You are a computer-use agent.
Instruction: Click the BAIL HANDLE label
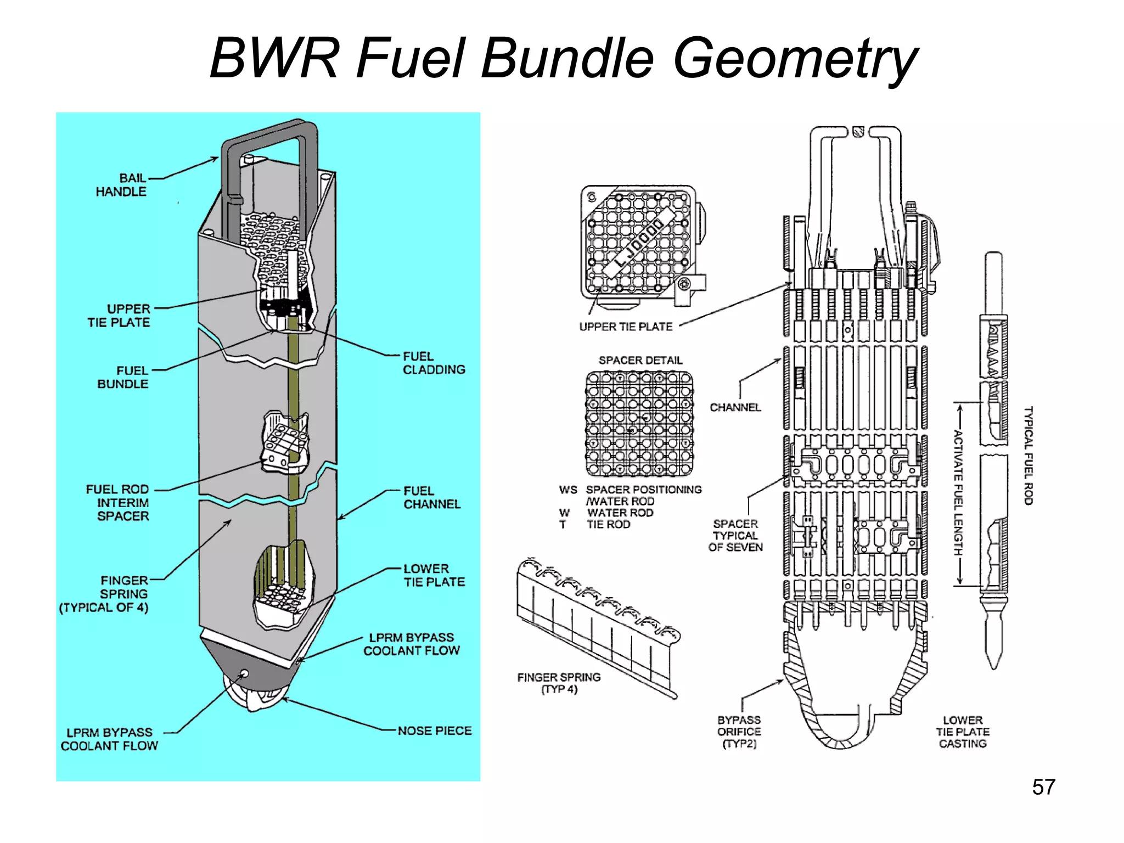click(x=121, y=185)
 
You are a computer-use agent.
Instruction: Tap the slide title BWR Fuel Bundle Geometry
click(x=563, y=58)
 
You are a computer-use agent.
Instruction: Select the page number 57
click(x=1043, y=787)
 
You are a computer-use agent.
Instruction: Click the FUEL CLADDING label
click(x=434, y=363)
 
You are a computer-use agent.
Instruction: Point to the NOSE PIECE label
click(x=435, y=731)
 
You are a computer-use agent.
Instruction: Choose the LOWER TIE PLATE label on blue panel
click(x=434, y=575)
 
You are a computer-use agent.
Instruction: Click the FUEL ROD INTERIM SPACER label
click(x=118, y=503)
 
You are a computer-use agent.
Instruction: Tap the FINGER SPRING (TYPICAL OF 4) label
click(x=104, y=594)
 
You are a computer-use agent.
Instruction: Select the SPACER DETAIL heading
click(x=640, y=361)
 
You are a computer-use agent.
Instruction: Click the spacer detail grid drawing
click(x=639, y=423)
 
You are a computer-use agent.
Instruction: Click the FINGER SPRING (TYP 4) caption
click(x=559, y=683)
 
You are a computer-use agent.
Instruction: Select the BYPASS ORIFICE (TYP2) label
click(x=739, y=732)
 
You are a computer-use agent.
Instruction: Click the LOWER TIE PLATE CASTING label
click(x=963, y=732)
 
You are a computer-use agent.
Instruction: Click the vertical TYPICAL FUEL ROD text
click(x=1029, y=456)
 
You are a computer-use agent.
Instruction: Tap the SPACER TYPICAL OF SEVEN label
click(x=735, y=536)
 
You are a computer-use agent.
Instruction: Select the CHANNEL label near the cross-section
click(x=735, y=407)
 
